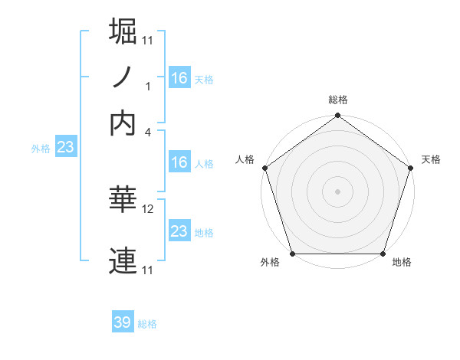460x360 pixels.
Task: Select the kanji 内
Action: (123, 123)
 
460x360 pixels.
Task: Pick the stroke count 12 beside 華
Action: (148, 208)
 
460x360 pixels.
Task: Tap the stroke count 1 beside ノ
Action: (148, 86)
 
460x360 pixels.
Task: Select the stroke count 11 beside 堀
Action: (148, 40)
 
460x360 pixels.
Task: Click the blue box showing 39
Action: (123, 322)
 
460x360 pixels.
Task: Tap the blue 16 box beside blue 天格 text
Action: (179, 77)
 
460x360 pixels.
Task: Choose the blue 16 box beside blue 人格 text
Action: (179, 162)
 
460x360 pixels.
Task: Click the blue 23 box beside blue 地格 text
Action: (179, 231)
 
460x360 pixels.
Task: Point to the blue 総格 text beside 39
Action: (147, 324)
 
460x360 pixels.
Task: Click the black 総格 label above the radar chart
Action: (337, 100)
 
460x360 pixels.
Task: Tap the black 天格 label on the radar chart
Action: (431, 159)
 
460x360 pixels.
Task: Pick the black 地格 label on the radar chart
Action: (402, 263)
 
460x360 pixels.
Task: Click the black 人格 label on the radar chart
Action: (245, 159)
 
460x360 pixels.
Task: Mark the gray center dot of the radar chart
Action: (337, 191)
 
